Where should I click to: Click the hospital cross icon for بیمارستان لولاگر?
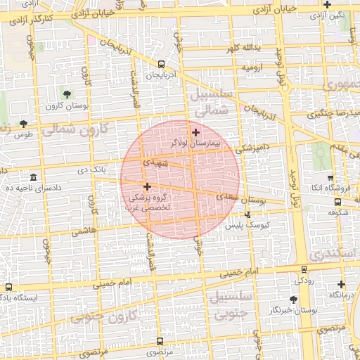point(195,131)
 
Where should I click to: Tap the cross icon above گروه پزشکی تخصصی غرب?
point(147,186)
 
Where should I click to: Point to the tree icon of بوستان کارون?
point(67,94)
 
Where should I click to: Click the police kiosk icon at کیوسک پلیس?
point(247,215)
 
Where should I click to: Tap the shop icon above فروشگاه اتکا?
point(330,177)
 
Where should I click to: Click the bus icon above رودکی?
point(304,269)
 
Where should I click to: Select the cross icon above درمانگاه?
point(341,284)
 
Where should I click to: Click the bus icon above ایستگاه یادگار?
point(8,287)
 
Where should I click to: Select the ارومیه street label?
point(253,67)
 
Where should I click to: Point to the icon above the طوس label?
point(24,124)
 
